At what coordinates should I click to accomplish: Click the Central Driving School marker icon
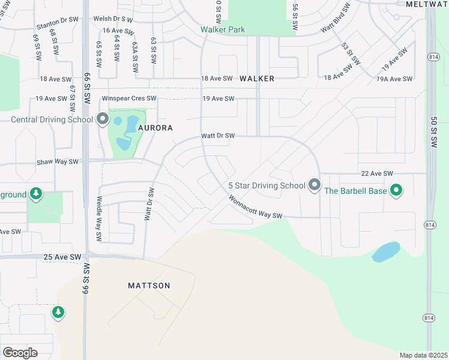coord(102,119)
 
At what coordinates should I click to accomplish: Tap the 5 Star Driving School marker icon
coord(314,185)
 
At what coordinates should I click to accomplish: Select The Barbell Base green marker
coord(396,191)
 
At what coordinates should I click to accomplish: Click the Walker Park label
coord(223,29)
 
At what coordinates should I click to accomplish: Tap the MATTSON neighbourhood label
coord(149,286)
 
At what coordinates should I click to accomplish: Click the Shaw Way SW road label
coord(58,161)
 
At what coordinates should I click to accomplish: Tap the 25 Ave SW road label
coord(62,257)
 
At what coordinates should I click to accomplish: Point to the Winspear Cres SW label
coord(129,98)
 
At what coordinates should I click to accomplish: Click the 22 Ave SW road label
coord(376,173)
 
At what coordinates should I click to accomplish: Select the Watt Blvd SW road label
coord(335,20)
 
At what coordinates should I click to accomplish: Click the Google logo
coord(20,352)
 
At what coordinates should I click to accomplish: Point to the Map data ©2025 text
coord(423,355)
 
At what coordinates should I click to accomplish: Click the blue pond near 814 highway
coord(386,251)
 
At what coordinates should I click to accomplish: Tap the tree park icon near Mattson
coord(58,312)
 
